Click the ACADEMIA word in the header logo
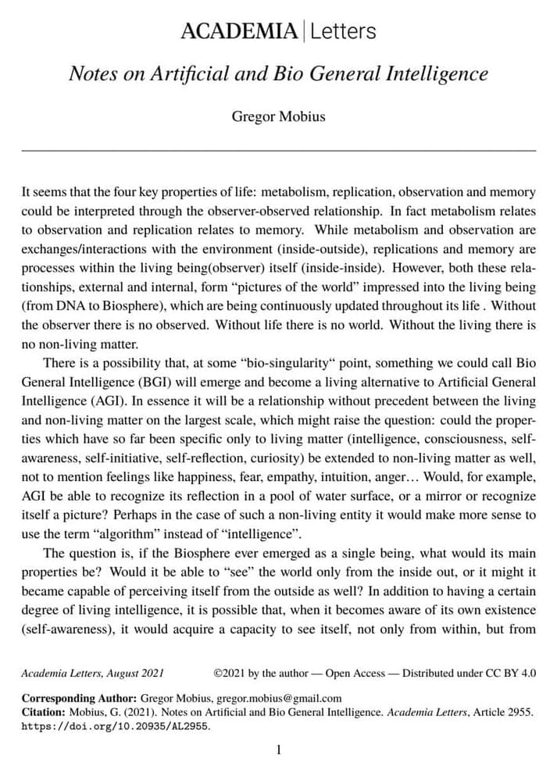tap(238, 31)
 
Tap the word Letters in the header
tap(343, 31)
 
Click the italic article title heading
tap(278, 74)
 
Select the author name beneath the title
tap(278, 117)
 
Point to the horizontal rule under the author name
tap(278, 149)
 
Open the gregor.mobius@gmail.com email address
tap(279, 698)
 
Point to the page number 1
tap(278, 750)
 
